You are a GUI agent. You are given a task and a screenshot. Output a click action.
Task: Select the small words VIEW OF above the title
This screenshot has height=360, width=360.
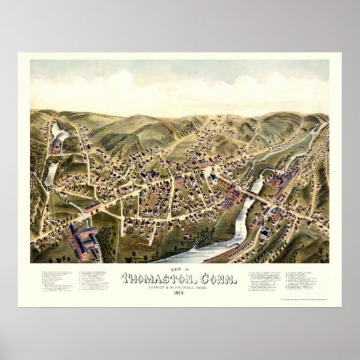tap(179, 269)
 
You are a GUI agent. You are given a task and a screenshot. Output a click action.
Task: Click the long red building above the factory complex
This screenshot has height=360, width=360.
tap(93, 205)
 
